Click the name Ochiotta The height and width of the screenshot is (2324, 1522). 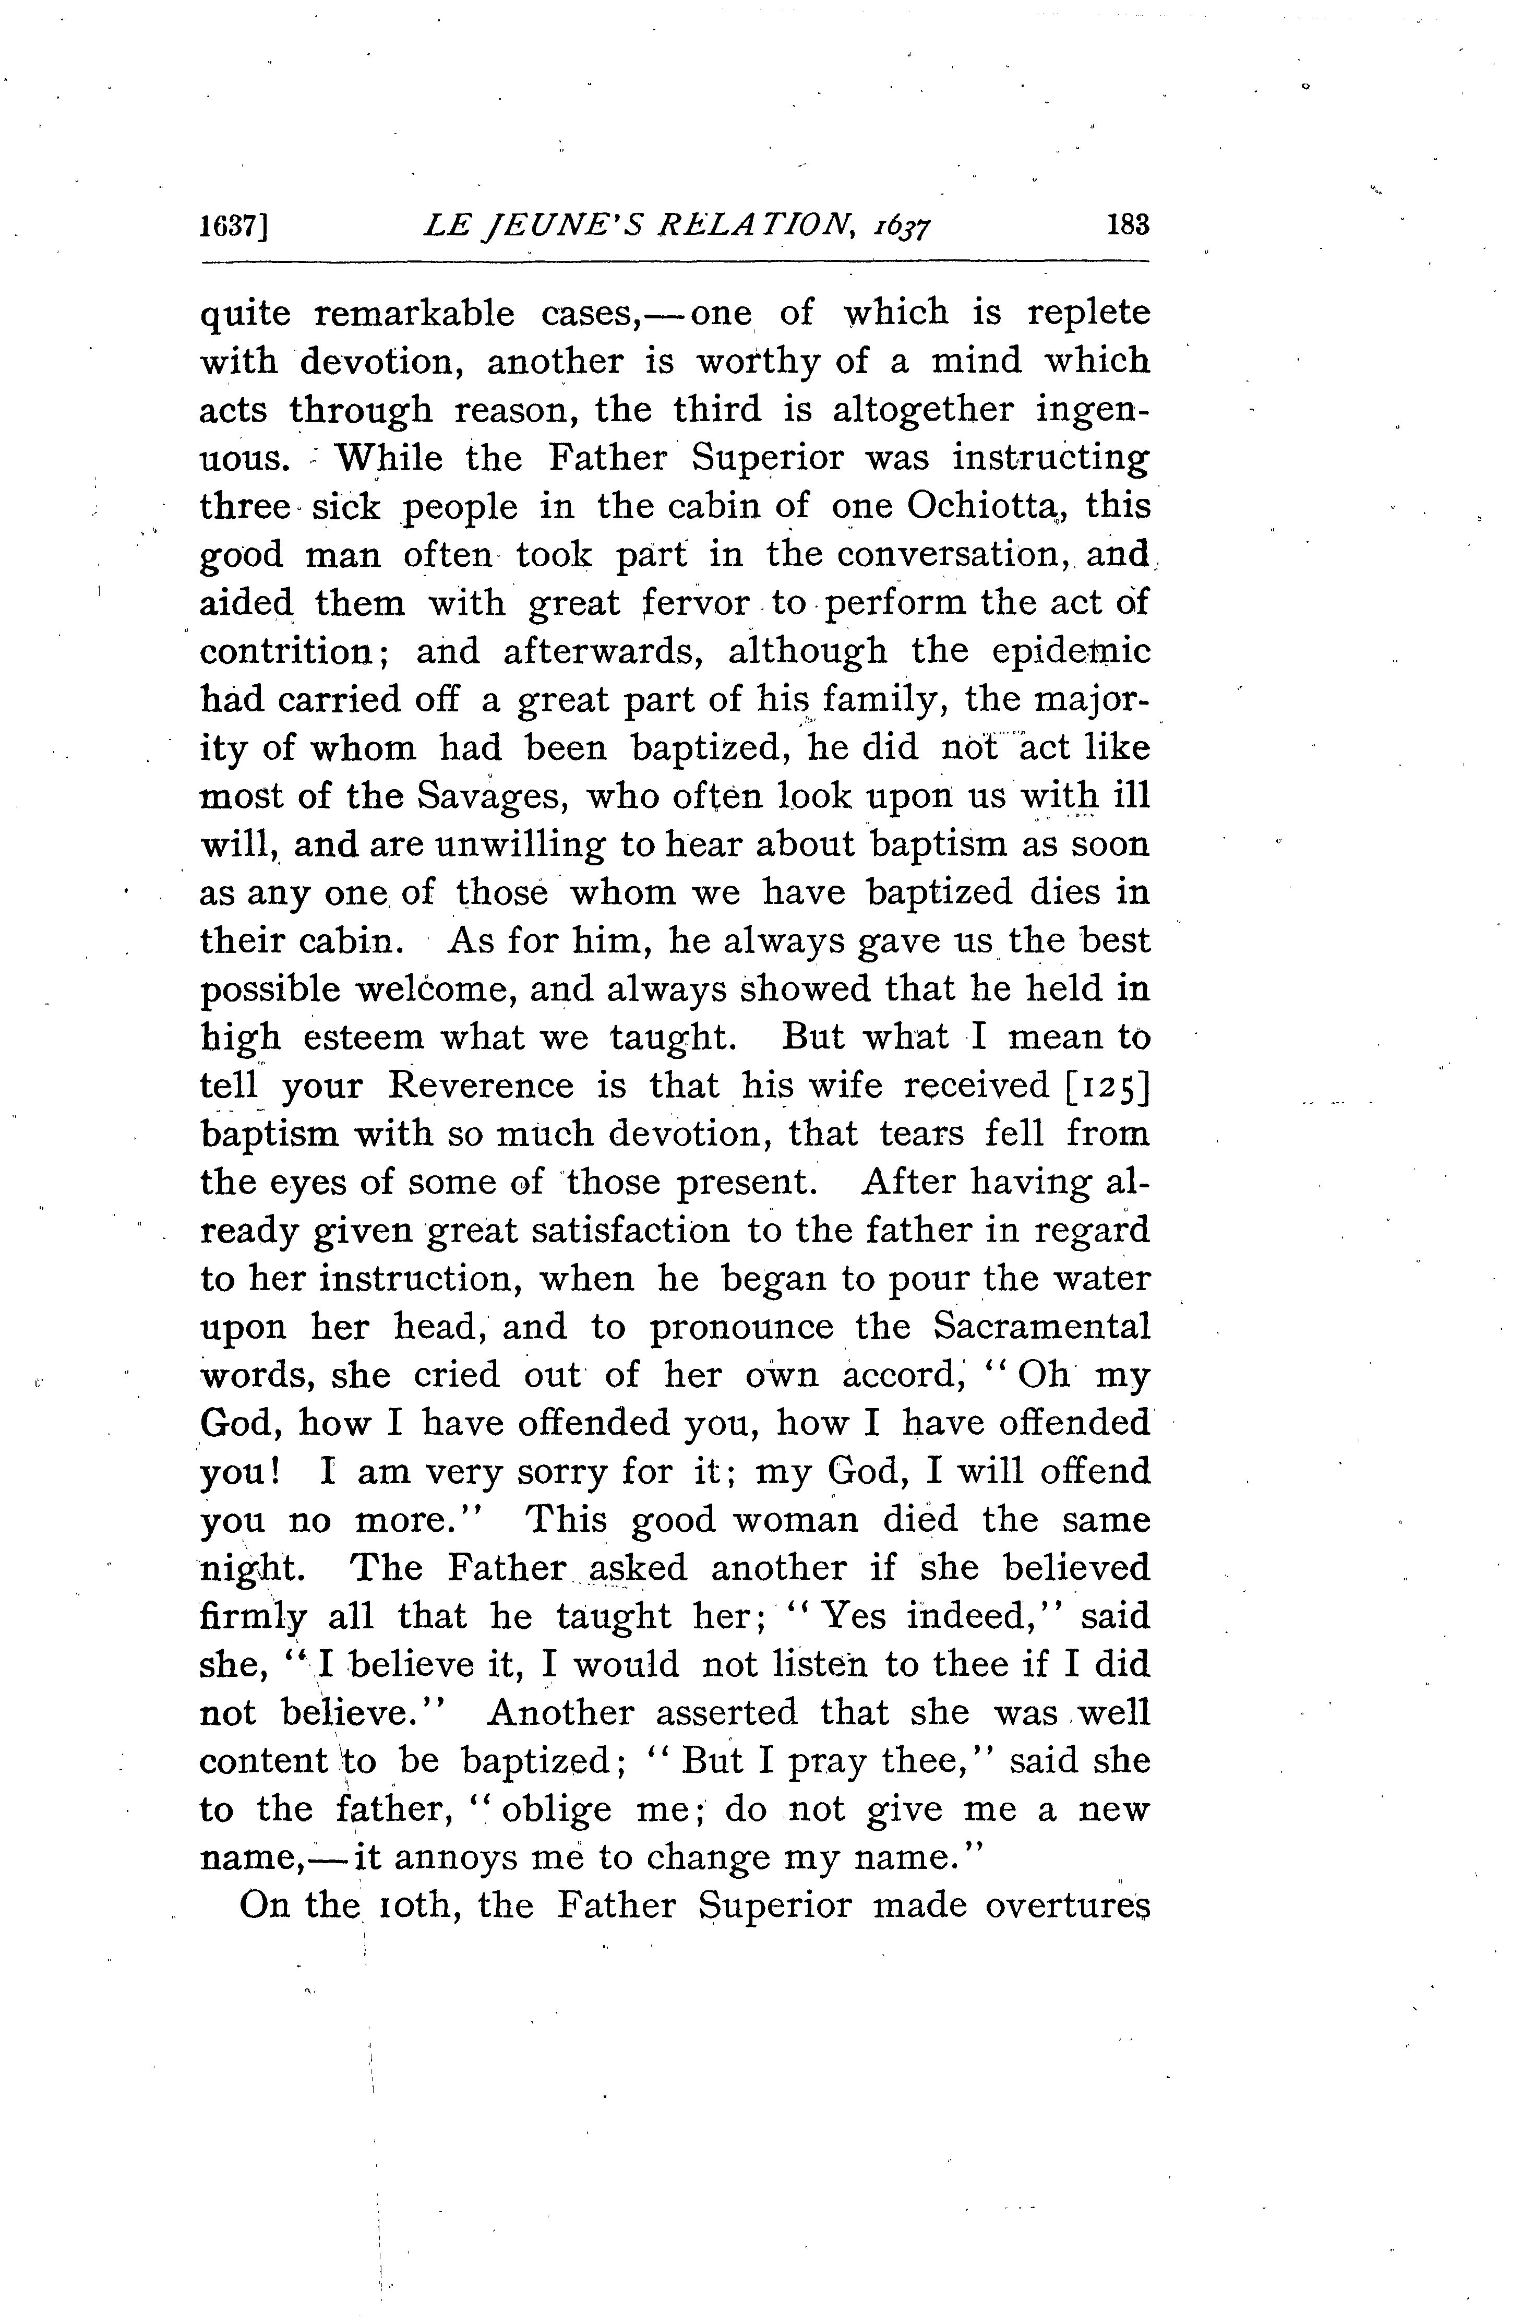pos(988,507)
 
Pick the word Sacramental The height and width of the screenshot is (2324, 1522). pos(1041,1327)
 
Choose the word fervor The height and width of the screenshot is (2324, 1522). pos(695,603)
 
